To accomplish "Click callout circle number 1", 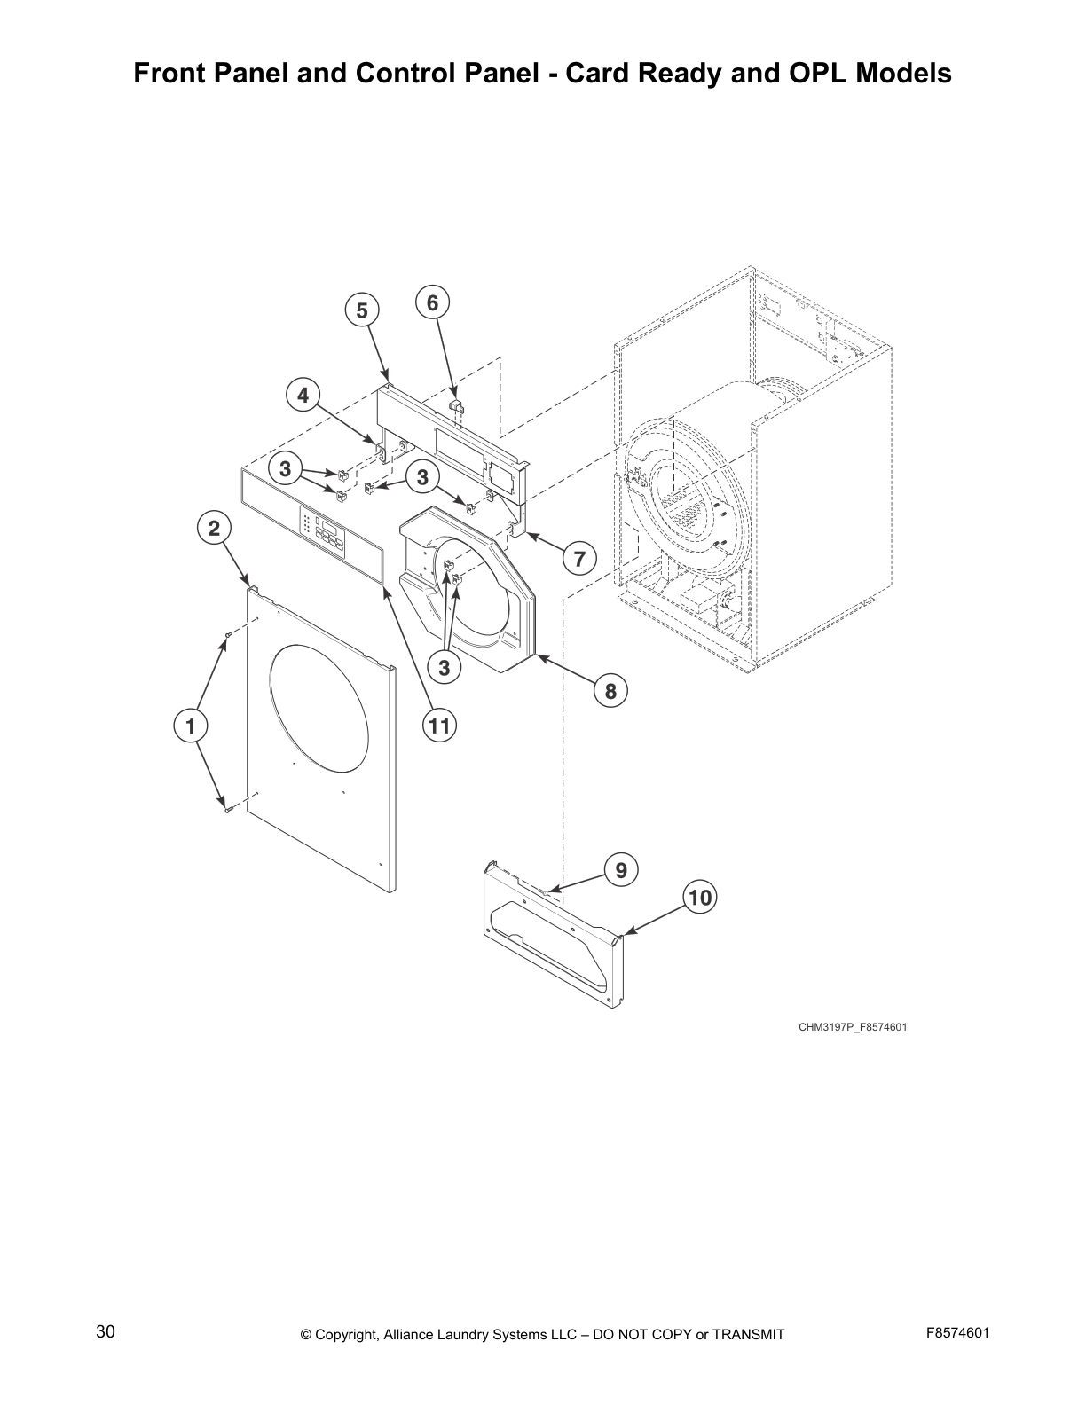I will click(x=190, y=726).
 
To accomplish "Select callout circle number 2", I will click(x=214, y=529).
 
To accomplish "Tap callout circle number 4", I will click(x=303, y=395).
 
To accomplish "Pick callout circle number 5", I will click(x=361, y=310).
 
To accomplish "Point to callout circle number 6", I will click(x=432, y=302).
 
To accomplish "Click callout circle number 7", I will click(x=579, y=559).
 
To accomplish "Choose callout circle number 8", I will click(x=610, y=690).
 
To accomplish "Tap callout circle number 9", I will click(x=621, y=870).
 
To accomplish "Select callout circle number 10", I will click(x=700, y=898).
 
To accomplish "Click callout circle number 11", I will click(x=438, y=726).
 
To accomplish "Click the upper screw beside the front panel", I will click(x=229, y=635).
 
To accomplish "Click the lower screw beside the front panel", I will click(x=227, y=807).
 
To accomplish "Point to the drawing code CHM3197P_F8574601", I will click(x=852, y=1027).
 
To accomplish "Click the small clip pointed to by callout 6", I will click(x=456, y=407).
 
